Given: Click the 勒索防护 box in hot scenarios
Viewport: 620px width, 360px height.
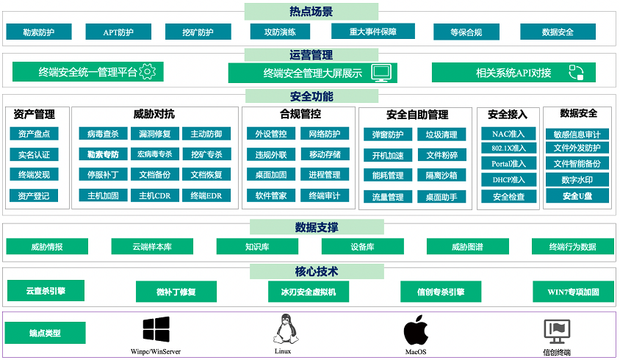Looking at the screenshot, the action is (39, 32).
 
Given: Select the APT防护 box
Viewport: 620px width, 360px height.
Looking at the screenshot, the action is (118, 32).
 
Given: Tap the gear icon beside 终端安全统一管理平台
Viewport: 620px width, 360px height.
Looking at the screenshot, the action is (148, 71).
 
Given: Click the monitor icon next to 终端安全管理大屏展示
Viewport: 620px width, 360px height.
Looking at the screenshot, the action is (381, 73).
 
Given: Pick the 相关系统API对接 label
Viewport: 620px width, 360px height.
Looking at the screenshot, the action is (513, 73).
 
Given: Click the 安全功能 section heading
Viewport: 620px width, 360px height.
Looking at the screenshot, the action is (311, 96).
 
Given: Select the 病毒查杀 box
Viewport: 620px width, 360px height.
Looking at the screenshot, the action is (103, 134).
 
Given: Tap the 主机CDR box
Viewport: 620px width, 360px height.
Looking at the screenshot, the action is (154, 195).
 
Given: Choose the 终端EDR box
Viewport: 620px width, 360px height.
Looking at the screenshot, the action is (206, 195).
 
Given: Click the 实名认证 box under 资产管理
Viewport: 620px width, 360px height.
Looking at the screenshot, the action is (34, 154).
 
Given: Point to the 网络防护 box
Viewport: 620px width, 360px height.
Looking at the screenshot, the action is (325, 134).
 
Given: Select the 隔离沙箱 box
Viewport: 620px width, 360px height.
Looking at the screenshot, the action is (441, 176).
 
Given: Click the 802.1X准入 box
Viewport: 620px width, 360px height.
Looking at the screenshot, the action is (508, 148).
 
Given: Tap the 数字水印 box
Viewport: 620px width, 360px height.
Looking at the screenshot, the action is (577, 179).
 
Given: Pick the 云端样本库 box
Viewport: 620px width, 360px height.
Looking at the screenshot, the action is (152, 246).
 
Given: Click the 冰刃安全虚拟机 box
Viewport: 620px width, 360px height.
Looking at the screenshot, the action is (309, 292).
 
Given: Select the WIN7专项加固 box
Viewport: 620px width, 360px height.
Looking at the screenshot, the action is (573, 292).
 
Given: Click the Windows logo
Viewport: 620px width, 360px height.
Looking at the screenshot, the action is (156, 329).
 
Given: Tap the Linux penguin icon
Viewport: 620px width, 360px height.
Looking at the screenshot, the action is (285, 329).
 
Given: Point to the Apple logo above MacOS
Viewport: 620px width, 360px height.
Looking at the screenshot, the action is (416, 331).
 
